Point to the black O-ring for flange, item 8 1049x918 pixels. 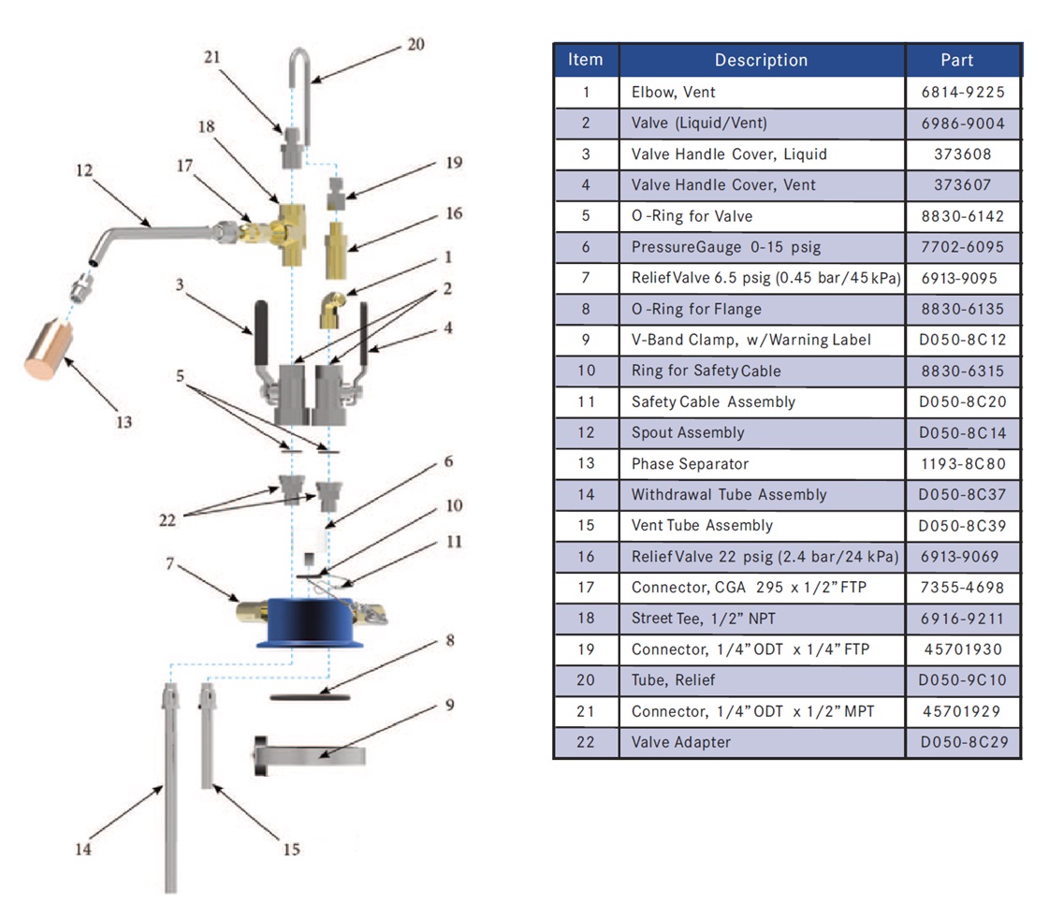[310, 696]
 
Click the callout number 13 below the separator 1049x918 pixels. [123, 422]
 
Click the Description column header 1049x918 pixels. [761, 60]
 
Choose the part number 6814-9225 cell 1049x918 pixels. [962, 93]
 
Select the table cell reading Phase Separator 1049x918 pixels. [690, 463]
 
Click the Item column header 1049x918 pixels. [586, 60]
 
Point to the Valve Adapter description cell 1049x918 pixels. [680, 741]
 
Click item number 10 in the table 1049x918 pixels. [586, 371]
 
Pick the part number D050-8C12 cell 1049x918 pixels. [962, 340]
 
